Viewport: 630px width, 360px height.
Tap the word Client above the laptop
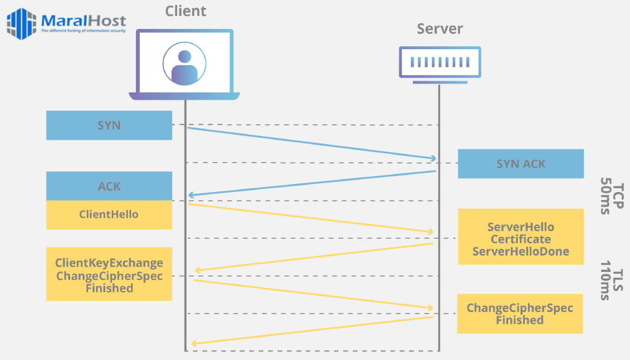[x=186, y=11]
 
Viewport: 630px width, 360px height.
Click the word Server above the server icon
[x=439, y=29]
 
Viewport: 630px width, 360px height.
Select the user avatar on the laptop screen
[x=185, y=64]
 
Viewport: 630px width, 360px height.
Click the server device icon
[x=439, y=62]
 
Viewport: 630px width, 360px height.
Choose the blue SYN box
[x=109, y=125]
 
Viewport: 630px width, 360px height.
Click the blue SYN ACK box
[x=520, y=164]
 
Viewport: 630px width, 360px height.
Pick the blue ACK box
[x=109, y=186]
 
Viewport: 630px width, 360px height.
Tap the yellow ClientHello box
[x=109, y=215]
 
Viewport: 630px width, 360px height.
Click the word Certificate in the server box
[x=520, y=239]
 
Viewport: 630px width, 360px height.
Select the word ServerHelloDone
[x=520, y=251]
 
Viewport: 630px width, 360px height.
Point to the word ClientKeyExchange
[x=109, y=263]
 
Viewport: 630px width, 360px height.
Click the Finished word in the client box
[x=109, y=288]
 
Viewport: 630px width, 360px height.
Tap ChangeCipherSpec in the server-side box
[x=520, y=308]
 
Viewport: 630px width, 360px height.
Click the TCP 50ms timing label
[x=611, y=196]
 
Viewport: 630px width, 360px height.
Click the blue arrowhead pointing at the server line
[x=433, y=159]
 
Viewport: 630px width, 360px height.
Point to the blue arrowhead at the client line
[x=191, y=195]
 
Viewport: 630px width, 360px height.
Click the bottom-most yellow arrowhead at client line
[x=194, y=343]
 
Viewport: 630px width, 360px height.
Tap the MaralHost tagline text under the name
[x=83, y=30]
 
